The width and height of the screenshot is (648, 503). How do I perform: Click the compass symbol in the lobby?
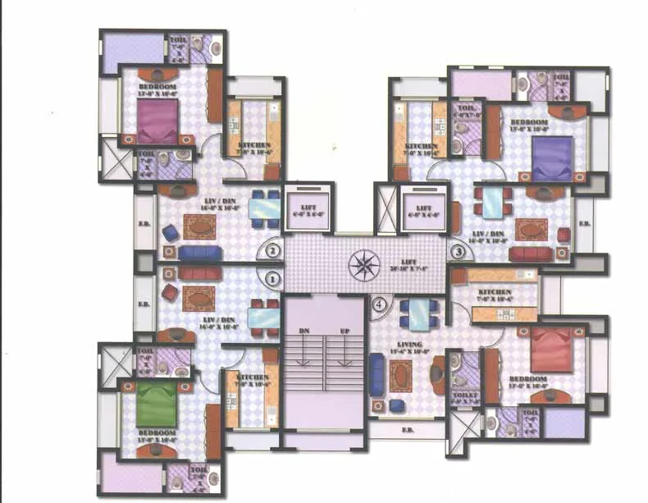point(361,265)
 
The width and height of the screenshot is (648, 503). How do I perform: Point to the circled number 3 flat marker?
point(458,252)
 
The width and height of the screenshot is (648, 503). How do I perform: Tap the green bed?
point(156,404)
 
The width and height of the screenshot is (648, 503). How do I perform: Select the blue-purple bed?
point(552,157)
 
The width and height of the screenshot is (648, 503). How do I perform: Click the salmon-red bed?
point(551,350)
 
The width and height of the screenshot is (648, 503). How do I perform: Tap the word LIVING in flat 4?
point(408,345)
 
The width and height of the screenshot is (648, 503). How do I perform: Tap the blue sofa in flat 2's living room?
point(199,252)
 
